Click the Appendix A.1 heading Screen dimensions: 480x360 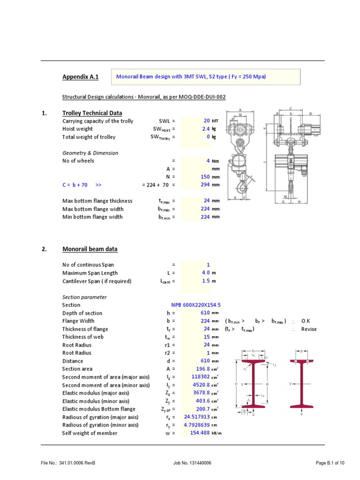click(x=81, y=77)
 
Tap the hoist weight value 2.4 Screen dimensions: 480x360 click(x=205, y=129)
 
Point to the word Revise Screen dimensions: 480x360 click(x=309, y=329)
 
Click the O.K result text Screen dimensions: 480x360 click(x=306, y=321)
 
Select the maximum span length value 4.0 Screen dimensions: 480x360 click(x=205, y=273)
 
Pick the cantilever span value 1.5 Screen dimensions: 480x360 click(x=205, y=281)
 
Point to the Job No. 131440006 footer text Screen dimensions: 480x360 click(x=192, y=463)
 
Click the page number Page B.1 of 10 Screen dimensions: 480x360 click(x=330, y=463)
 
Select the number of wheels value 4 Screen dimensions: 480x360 click(x=208, y=161)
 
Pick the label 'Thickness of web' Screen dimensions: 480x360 click(x=83, y=337)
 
